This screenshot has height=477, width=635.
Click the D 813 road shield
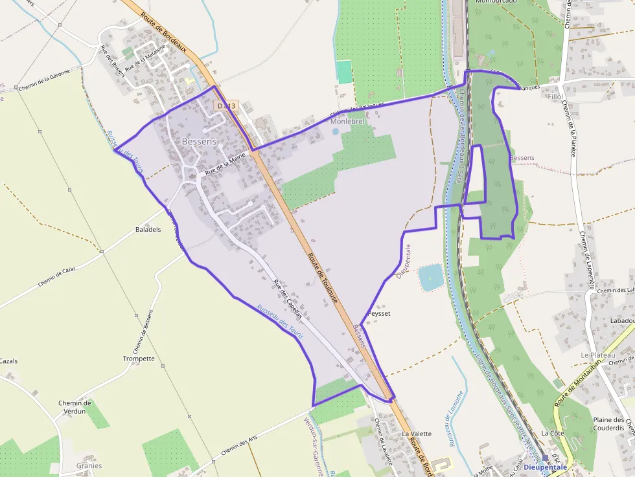click(x=227, y=105)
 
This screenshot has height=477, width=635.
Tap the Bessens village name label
click(x=199, y=141)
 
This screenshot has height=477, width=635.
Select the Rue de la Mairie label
click(x=225, y=165)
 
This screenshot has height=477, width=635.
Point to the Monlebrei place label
click(x=348, y=121)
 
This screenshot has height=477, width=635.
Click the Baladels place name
click(x=148, y=230)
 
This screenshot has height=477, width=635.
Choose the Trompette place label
click(x=139, y=359)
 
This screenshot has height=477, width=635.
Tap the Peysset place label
click(x=378, y=313)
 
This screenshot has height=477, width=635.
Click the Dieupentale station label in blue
click(x=545, y=467)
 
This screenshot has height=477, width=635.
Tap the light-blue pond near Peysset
click(x=431, y=277)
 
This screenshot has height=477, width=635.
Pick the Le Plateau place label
click(x=597, y=355)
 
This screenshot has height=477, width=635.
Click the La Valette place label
click(x=417, y=434)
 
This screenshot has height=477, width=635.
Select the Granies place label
click(x=89, y=465)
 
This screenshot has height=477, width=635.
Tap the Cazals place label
click(x=8, y=361)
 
